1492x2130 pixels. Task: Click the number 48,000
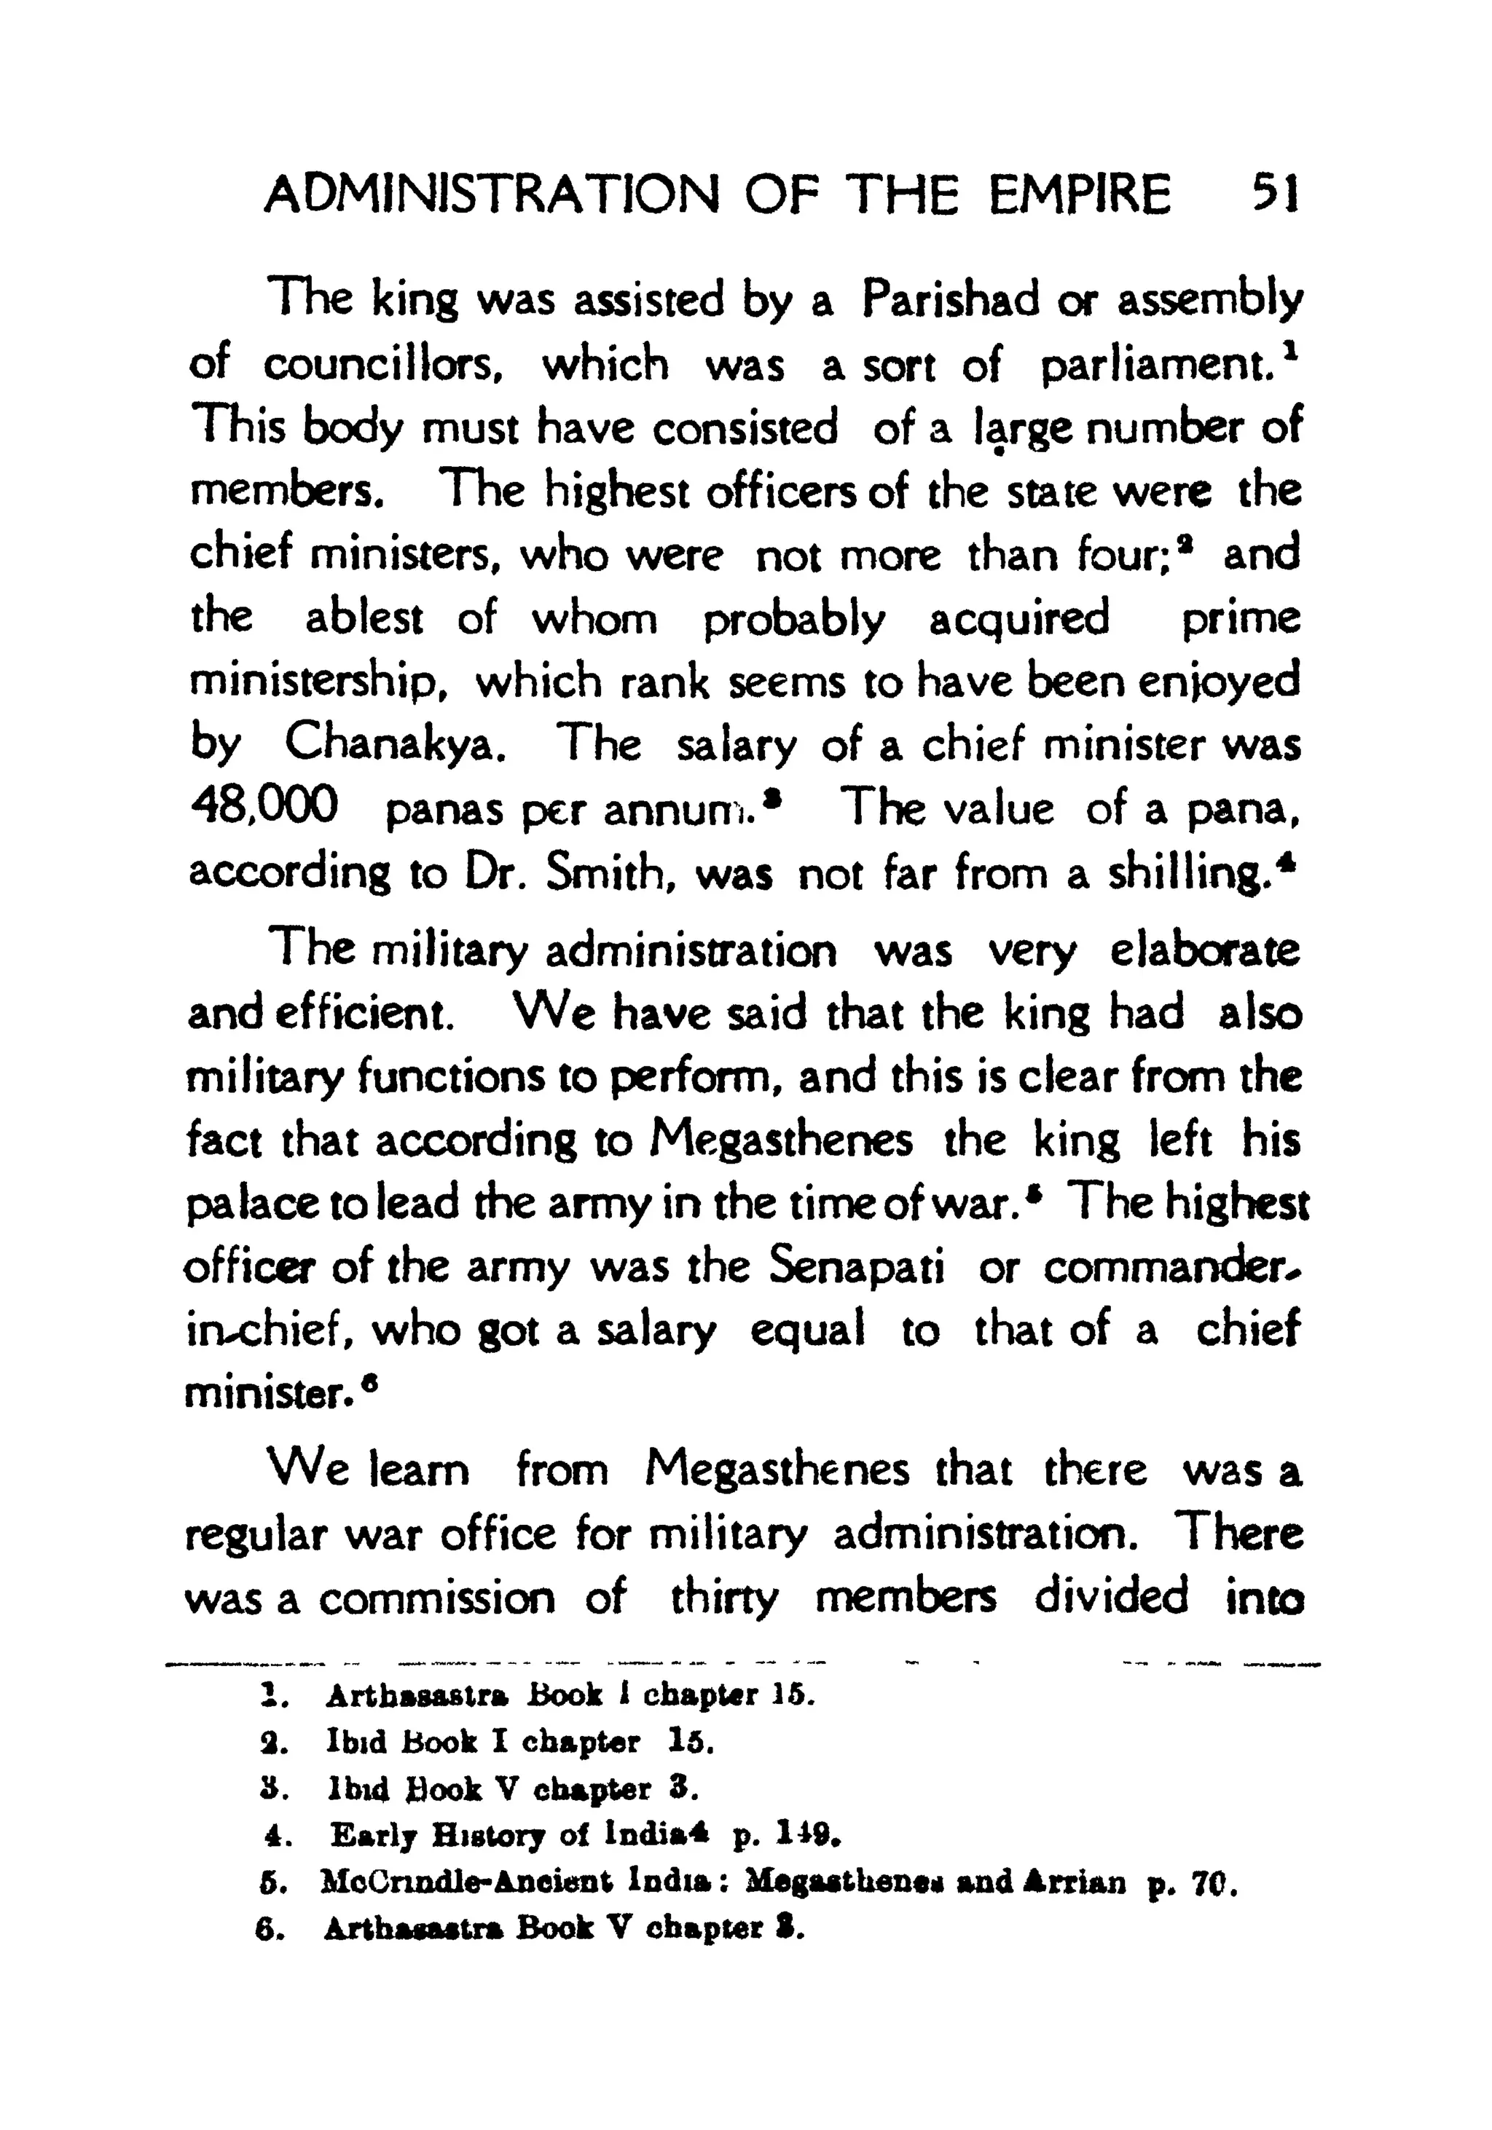pos(264,807)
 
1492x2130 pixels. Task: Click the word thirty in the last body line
pos(725,1598)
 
